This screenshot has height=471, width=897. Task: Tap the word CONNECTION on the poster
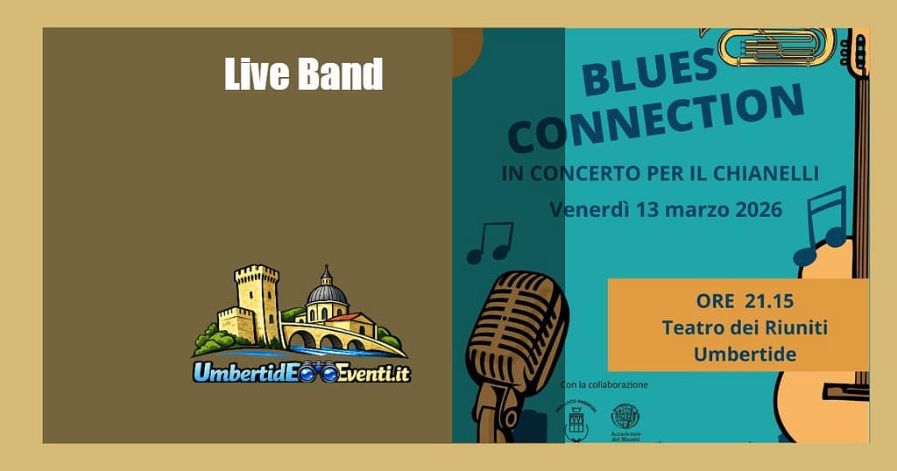[x=655, y=118]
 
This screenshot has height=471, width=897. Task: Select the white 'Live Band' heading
[x=303, y=74]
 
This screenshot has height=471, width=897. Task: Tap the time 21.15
[x=769, y=301]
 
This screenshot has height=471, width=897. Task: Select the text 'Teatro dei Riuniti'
[x=745, y=327]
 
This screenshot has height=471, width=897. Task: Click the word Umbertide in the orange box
[x=745, y=354]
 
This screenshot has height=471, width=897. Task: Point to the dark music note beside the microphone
[x=490, y=243]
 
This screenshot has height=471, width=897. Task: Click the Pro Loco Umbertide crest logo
[x=576, y=424]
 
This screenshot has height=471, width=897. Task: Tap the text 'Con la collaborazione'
[x=604, y=384]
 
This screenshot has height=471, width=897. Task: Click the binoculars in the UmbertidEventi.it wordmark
[x=316, y=374]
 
